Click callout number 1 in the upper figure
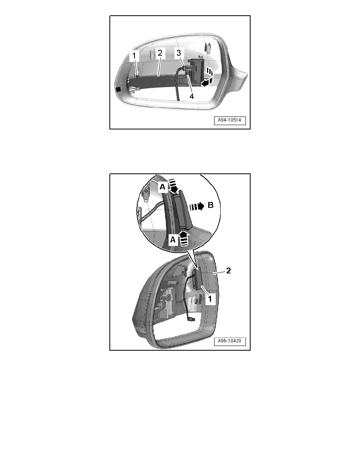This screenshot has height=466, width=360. pyautogui.click(x=134, y=56)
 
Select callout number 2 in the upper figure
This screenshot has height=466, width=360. pyautogui.click(x=160, y=53)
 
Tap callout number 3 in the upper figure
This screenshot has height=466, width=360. pyautogui.click(x=179, y=53)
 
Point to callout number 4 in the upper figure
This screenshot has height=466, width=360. pyautogui.click(x=192, y=96)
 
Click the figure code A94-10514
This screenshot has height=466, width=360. pyautogui.click(x=229, y=120)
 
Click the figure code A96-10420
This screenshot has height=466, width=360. pyautogui.click(x=229, y=341)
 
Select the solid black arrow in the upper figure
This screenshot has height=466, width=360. pyautogui.click(x=206, y=84)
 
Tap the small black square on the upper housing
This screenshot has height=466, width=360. pyautogui.click(x=118, y=89)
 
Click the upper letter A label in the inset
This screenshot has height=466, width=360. pyautogui.click(x=162, y=187)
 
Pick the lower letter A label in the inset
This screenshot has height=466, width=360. pyautogui.click(x=173, y=240)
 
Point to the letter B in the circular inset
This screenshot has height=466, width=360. pyautogui.click(x=211, y=205)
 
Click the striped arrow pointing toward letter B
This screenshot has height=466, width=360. pyautogui.click(x=197, y=206)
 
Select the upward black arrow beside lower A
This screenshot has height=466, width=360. pyautogui.click(x=184, y=238)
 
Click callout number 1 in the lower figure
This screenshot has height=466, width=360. pyautogui.click(x=210, y=299)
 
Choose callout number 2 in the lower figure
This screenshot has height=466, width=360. pyautogui.click(x=228, y=270)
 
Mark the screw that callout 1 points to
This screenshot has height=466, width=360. pyautogui.click(x=136, y=76)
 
